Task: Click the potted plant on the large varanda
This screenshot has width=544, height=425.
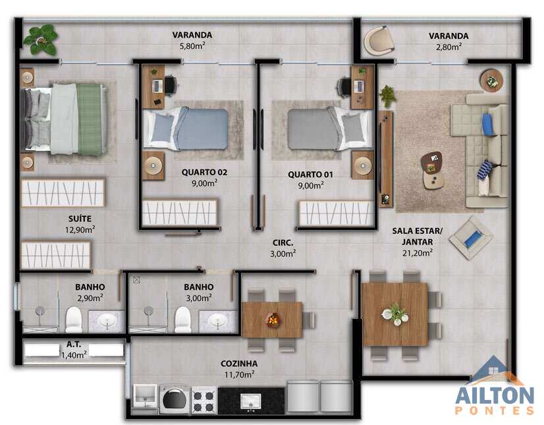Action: click(40, 40)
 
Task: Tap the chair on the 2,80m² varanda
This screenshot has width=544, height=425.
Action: click(379, 40)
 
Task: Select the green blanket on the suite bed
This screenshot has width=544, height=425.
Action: click(90, 119)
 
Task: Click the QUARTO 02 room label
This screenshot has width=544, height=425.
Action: click(204, 172)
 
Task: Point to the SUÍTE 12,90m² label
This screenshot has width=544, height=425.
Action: click(80, 224)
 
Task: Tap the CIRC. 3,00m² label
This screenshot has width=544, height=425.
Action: click(283, 248)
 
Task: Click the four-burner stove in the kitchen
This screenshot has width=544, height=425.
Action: click(204, 401)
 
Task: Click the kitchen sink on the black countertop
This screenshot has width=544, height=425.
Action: click(251, 401)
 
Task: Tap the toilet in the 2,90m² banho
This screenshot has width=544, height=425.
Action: click(74, 320)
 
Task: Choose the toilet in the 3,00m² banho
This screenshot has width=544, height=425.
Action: click(183, 320)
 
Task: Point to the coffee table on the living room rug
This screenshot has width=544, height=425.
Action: click(432, 170)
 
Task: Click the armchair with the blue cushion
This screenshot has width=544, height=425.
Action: click(471, 238)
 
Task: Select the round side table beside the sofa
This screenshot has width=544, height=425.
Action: click(491, 81)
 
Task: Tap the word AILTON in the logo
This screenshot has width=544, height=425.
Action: click(495, 396)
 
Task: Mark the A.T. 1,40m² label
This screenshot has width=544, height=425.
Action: click(74, 350)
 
